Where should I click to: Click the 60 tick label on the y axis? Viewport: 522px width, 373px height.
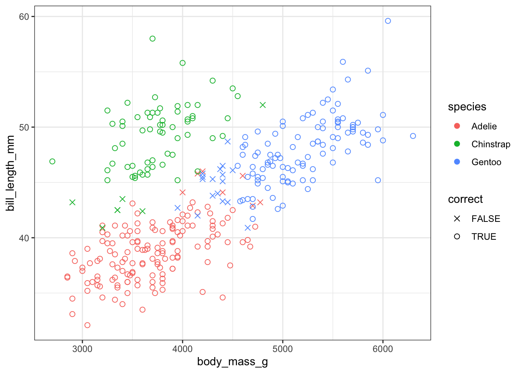click(24, 17)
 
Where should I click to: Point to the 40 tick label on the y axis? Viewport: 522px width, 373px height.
click(24, 238)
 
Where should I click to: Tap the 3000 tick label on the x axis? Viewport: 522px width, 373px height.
click(82, 349)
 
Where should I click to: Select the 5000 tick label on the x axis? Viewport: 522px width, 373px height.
click(283, 349)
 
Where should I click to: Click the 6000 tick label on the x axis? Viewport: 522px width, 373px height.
click(383, 349)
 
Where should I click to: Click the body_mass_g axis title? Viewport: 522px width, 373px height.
click(232, 362)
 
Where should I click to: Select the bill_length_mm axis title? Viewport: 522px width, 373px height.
click(10, 173)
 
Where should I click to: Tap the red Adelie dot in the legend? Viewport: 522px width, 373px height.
click(457, 126)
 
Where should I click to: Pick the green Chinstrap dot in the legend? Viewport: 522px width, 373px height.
click(457, 144)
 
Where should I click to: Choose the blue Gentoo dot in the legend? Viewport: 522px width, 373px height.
click(457, 162)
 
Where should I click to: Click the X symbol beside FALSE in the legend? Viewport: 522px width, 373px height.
click(457, 219)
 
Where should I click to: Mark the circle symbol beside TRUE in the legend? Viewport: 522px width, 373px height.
click(457, 237)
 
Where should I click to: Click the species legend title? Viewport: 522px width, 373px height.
click(467, 107)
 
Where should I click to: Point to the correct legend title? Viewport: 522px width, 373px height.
click(465, 199)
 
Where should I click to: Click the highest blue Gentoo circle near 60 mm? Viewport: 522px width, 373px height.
click(388, 21)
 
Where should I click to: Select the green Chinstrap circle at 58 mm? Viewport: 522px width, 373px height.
click(153, 38)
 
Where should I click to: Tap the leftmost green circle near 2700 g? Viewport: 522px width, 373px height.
click(52, 161)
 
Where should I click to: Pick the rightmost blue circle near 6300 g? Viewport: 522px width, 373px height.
click(413, 136)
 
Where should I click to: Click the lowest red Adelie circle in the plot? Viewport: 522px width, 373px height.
click(87, 325)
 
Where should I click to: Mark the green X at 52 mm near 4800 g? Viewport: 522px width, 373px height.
click(263, 105)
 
